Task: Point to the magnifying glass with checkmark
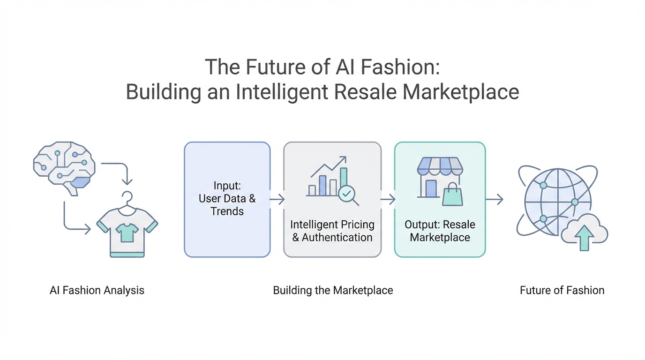pos(348,194)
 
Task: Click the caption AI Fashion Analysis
pos(97,290)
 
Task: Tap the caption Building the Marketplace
pos(333,290)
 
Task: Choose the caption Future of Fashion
pos(562,290)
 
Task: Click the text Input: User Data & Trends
pos(227,198)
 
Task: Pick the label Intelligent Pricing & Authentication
pos(332,231)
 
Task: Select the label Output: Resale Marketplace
pos(440,231)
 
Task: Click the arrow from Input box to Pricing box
pos(277,200)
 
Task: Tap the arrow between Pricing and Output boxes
pos(388,200)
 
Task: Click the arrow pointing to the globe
pos(494,200)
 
